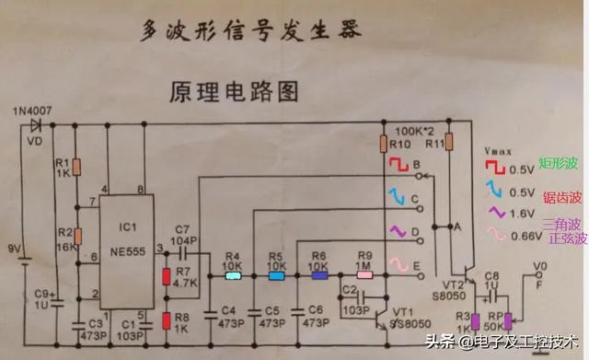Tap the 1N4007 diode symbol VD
point(37,125)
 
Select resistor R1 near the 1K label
point(77,166)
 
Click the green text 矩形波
point(560,163)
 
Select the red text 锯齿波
point(560,196)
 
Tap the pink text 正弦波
point(560,238)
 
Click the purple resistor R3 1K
point(477,321)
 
